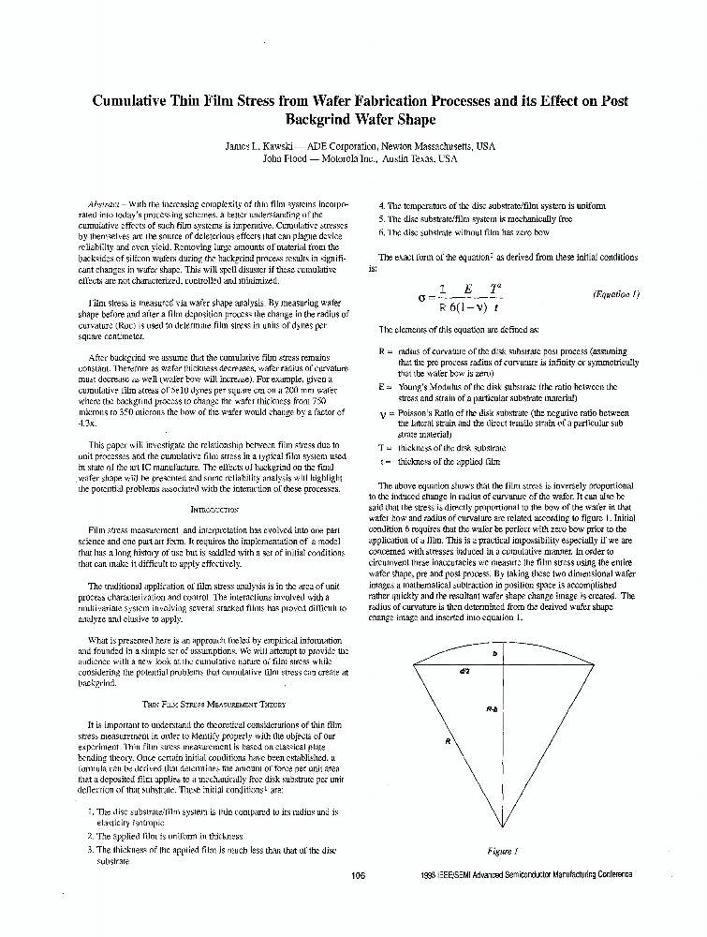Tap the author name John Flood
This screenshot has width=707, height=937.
[287, 159]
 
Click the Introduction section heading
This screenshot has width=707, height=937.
[214, 510]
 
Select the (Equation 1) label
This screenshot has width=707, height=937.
[616, 294]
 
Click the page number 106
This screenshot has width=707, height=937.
[358, 875]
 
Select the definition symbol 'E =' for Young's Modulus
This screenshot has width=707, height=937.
[384, 386]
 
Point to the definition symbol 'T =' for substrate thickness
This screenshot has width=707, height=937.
[384, 448]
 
